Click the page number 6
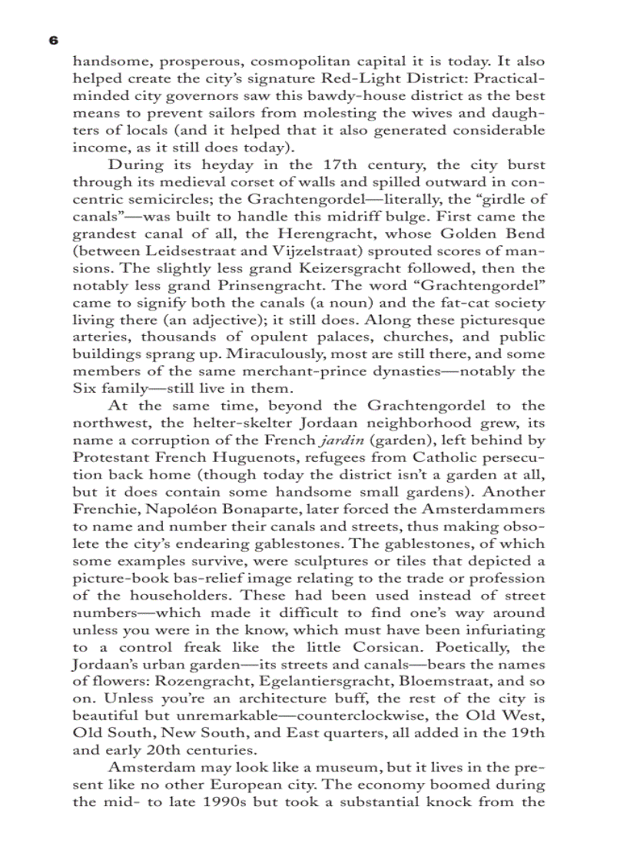(52, 40)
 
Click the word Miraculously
(258, 355)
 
